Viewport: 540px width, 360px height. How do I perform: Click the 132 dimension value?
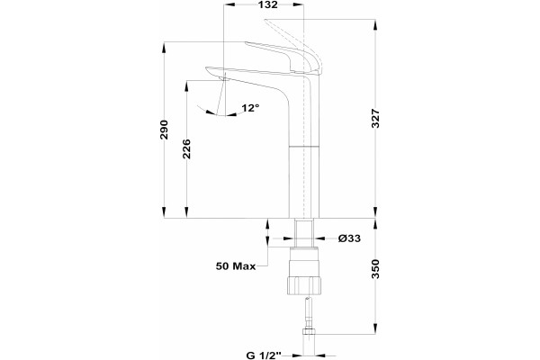coord(268,4)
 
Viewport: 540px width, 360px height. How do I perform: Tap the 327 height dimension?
coord(375,118)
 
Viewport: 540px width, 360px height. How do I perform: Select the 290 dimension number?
coord(165,130)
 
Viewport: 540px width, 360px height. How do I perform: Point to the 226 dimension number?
coord(186,148)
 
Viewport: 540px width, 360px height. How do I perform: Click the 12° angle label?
coord(250,108)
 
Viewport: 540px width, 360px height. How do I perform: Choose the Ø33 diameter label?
coord(349,238)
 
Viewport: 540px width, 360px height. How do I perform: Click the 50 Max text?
coord(236,266)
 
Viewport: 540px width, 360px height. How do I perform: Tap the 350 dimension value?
coord(375,269)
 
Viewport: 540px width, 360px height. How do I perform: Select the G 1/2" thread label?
coord(264,355)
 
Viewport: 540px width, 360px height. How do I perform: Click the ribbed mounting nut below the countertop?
coord(304,285)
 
